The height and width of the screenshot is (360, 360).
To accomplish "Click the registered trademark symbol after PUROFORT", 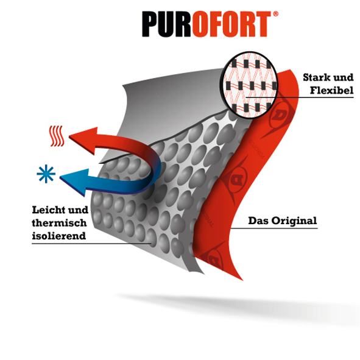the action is click(275, 14).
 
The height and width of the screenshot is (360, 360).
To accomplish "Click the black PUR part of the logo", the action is click(166, 24).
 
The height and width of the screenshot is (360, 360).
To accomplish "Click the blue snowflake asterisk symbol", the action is click(46, 174).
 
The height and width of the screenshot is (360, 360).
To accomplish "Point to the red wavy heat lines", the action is click(57, 136).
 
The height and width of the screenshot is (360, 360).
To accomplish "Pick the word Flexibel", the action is click(332, 90).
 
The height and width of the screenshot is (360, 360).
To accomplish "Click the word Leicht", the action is click(49, 210).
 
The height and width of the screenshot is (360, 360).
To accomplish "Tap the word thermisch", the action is click(59, 223).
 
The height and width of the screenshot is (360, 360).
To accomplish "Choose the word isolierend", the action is click(58, 236).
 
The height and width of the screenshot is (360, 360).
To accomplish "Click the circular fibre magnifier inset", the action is click(250, 85).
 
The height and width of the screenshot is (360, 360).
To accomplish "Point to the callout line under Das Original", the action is click(274, 228).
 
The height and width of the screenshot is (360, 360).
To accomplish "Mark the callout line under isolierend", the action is click(91, 244).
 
